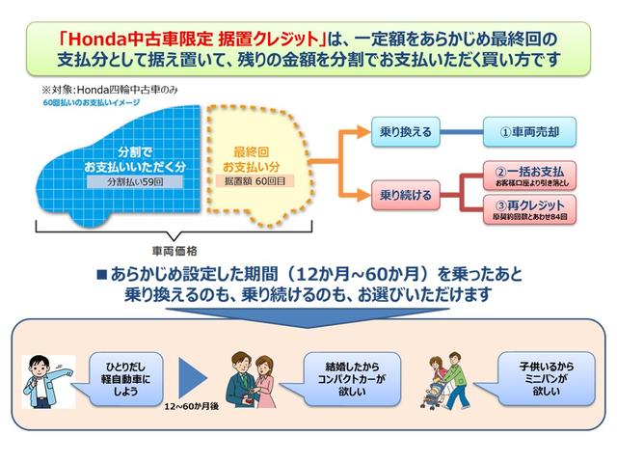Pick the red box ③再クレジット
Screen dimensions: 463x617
tap(525, 209)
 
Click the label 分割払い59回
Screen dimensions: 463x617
tap(122, 180)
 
